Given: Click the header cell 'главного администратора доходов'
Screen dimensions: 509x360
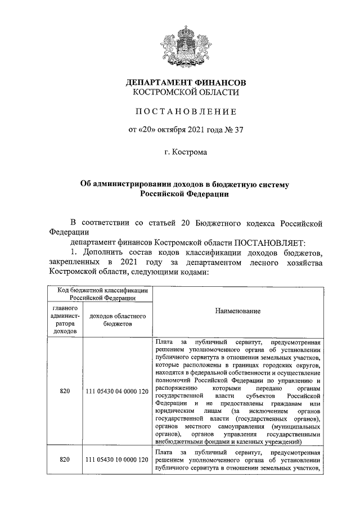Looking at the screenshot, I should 64,320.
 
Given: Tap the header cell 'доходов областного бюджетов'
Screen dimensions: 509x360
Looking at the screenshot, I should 118,320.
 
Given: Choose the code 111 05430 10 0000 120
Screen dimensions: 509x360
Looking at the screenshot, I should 118,460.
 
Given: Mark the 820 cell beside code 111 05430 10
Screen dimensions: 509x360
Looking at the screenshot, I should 64,460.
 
